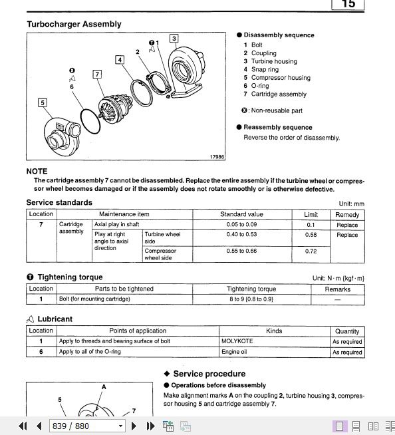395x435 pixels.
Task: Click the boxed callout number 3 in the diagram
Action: pos(174,39)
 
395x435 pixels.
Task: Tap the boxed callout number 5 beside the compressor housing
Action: pos(43,102)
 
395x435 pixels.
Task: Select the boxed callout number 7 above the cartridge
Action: pos(97,74)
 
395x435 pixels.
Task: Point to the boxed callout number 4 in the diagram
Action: pos(120,60)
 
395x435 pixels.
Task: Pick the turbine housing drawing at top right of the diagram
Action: pos(185,72)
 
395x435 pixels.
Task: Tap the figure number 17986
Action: pos(217,157)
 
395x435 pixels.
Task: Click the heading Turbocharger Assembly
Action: pos(74,24)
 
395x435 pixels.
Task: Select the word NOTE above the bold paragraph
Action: pos(37,171)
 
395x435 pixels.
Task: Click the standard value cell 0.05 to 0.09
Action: pos(241,224)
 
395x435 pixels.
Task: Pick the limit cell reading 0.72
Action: pos(311,251)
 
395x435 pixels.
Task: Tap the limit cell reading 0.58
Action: pos(311,235)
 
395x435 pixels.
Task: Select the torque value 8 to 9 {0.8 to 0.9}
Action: pos(251,299)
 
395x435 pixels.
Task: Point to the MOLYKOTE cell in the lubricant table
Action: pos(237,341)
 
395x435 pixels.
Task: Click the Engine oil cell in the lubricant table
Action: pos(234,352)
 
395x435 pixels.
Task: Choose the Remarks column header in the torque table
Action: pos(338,289)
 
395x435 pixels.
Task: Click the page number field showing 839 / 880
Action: pos(87,426)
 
